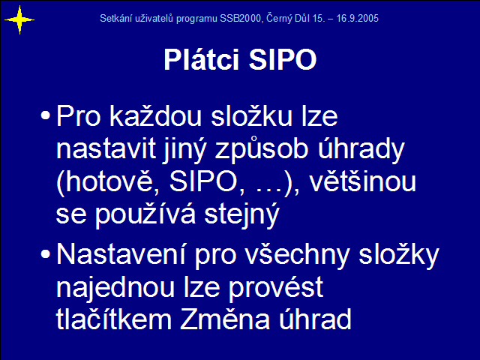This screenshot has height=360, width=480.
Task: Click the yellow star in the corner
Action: pos(19,20)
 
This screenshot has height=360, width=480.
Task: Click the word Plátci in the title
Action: pos(201,59)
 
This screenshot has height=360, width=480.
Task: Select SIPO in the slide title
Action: pos(283,59)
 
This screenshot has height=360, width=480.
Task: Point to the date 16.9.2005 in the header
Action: pos(358,18)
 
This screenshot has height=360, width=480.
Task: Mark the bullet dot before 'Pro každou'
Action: pos(45,115)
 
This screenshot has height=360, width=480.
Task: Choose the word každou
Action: pos(156,115)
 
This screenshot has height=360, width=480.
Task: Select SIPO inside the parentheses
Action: pos(203,181)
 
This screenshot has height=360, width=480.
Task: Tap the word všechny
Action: pos(298,255)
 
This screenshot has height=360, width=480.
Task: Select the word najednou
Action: pos(115,287)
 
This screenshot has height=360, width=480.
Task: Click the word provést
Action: pos(275,288)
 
